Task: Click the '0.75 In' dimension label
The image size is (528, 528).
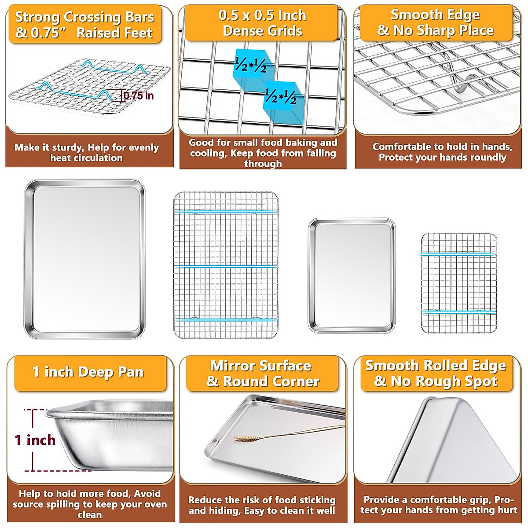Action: tap(139, 96)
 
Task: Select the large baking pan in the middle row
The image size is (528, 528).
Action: tap(84, 259)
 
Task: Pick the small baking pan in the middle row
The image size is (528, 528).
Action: tap(352, 275)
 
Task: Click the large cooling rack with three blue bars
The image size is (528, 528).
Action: tap(226, 265)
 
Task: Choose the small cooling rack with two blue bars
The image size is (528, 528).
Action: tap(459, 283)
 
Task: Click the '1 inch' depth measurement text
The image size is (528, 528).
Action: tap(35, 440)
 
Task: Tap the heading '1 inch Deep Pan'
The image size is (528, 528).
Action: tap(88, 372)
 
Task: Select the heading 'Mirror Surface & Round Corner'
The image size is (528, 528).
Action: tap(262, 374)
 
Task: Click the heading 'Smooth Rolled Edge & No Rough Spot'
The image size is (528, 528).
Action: tap(436, 373)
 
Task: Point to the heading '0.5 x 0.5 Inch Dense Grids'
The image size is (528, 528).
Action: tap(263, 23)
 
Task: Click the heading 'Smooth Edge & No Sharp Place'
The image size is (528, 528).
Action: tap(436, 22)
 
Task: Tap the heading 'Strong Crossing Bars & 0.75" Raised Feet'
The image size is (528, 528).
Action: tap(84, 25)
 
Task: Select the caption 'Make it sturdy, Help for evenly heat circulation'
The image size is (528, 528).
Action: tap(87, 153)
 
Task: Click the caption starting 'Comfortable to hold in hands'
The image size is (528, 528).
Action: tap(442, 152)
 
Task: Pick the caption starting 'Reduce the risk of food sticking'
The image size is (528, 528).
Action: tap(262, 505)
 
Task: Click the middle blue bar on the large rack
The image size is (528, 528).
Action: tap(226, 266)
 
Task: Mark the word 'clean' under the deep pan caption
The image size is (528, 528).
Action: tap(90, 515)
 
